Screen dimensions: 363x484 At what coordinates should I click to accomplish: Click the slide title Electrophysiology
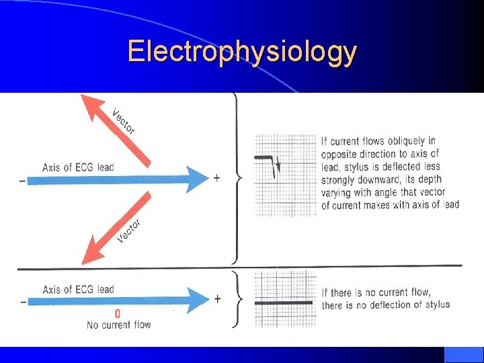(242, 51)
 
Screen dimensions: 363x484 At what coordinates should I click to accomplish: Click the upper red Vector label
(123, 121)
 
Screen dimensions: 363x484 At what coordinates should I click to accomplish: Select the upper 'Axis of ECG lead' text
(78, 167)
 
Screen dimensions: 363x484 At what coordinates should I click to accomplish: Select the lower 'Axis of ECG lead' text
(78, 290)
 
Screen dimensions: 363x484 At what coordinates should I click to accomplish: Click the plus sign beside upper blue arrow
(216, 177)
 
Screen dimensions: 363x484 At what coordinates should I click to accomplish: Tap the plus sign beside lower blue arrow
(216, 298)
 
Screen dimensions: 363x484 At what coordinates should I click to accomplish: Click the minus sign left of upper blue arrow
(24, 179)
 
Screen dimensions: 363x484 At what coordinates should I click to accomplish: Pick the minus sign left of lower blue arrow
(24, 301)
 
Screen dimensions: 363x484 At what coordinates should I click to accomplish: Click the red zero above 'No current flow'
(118, 314)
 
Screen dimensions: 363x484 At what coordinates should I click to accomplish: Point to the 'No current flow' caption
(119, 325)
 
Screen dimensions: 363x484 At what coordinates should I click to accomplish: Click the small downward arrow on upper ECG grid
(278, 166)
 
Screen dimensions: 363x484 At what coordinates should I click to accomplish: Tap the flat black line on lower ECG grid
(284, 302)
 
